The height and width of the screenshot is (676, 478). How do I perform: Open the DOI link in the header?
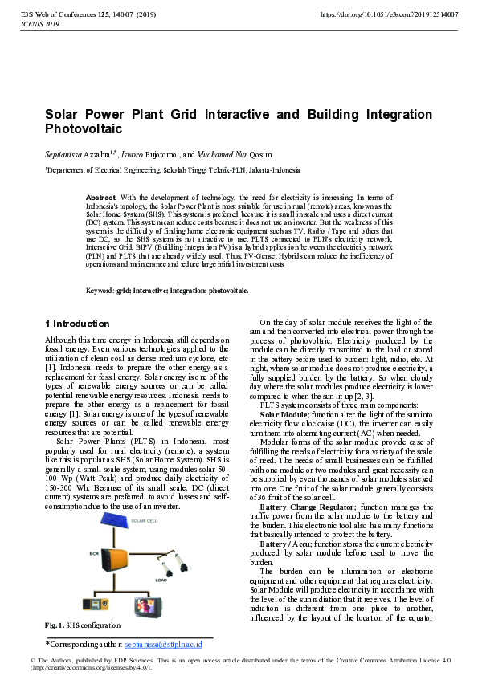pyautogui.click(x=389, y=15)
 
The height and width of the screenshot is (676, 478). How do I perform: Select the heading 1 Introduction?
pyautogui.click(x=77, y=324)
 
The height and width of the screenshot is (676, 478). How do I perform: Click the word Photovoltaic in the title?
pyautogui.click(x=84, y=128)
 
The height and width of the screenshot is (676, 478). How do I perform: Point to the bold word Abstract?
pyautogui.click(x=101, y=197)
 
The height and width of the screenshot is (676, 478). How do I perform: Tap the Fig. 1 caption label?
pyautogui.click(x=54, y=625)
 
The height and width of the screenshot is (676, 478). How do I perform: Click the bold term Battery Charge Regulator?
pyautogui.click(x=309, y=507)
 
